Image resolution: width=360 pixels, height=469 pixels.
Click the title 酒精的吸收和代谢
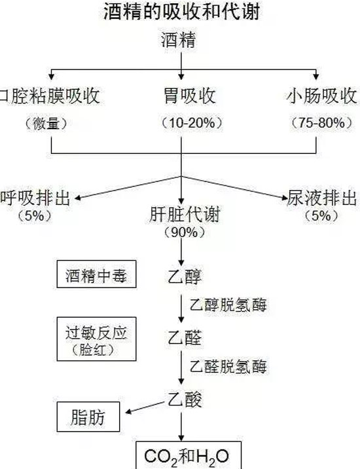181,12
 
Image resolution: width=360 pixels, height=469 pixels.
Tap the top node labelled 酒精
179,40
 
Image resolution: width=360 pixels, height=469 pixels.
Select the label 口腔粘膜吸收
50,96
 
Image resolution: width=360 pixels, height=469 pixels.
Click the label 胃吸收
190,96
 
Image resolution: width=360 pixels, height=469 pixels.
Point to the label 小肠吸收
322,96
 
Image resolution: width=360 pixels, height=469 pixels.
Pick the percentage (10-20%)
192,122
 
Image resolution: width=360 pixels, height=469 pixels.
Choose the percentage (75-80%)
322,122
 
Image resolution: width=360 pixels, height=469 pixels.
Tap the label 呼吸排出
35,198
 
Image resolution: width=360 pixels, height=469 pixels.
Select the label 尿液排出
322,198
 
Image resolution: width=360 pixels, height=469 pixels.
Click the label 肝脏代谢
185,214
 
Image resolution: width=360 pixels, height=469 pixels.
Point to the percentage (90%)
185,232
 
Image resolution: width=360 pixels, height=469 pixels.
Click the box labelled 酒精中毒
97,274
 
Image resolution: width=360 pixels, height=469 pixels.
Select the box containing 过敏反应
97,339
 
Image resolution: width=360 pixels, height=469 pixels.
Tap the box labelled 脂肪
88,417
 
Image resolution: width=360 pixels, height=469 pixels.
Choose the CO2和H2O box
189,455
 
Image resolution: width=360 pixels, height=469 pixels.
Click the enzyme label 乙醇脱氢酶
228,305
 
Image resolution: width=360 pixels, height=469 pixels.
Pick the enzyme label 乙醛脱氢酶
228,366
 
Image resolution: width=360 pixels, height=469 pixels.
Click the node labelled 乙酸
185,400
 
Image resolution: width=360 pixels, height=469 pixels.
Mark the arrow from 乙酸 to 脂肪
145,407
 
